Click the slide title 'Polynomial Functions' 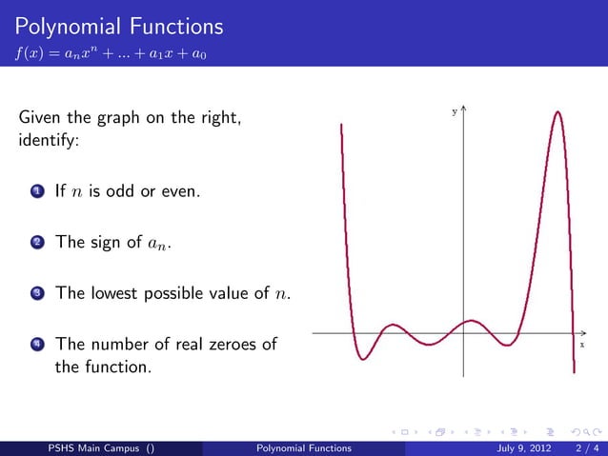click(120, 26)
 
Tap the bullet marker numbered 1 click(36, 193)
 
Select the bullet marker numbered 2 click(36, 243)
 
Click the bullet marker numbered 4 click(36, 345)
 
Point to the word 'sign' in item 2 click(108, 242)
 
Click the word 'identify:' click(49, 143)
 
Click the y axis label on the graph click(454, 112)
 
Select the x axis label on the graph click(581, 345)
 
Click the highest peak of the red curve click(554, 112)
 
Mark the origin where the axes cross click(463, 334)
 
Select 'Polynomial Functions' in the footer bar click(304, 447)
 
